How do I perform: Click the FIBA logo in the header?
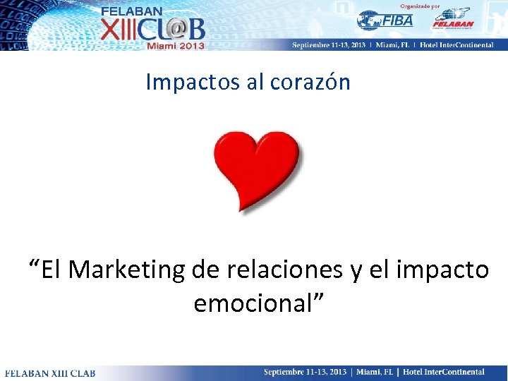(x=385, y=20)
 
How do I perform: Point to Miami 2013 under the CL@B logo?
(x=175, y=46)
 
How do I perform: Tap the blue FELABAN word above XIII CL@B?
(x=131, y=11)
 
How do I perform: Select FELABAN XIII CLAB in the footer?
(x=50, y=373)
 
